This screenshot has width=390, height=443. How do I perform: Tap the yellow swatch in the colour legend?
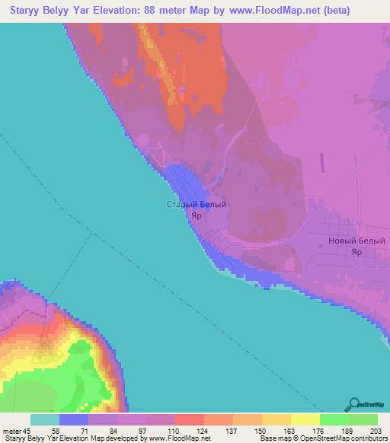[305, 419]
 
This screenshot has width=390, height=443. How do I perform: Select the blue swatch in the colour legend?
[73, 419]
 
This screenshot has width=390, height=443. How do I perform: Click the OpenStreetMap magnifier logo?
[353, 404]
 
